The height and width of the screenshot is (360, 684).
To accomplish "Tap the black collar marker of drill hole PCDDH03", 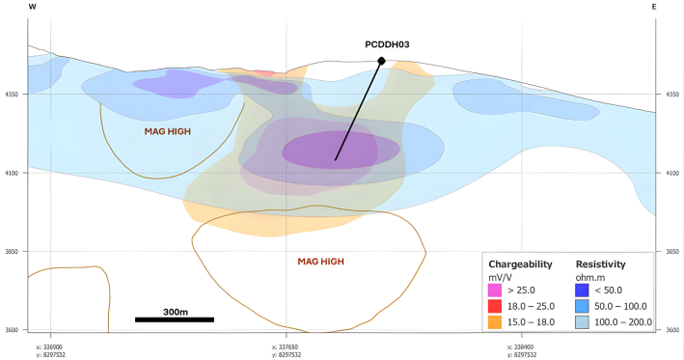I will coord(382,61).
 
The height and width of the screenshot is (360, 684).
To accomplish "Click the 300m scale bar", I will coord(174,318).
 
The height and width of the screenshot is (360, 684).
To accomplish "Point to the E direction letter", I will coord(654,7).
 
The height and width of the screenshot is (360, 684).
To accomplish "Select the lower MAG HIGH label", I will coord(320,261).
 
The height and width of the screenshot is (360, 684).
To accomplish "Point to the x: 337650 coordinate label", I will coord(286,346).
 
